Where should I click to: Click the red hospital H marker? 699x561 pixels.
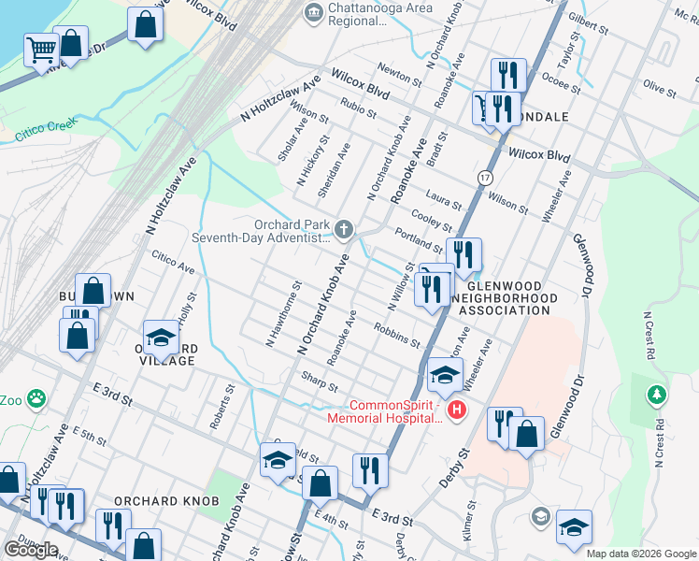[x=456, y=410]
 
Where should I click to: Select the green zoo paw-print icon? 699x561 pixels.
[x=36, y=400]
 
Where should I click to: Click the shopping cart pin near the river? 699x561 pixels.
[x=41, y=49]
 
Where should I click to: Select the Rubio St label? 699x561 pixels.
[x=358, y=108]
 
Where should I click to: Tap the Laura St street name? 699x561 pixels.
[x=443, y=199]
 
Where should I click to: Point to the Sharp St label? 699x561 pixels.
[x=319, y=381]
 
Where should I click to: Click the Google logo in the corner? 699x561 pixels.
[x=31, y=549]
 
